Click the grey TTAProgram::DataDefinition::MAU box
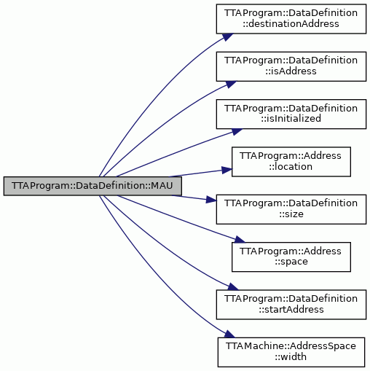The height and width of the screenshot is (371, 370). coord(92,186)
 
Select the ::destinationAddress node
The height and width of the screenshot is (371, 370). coord(291,19)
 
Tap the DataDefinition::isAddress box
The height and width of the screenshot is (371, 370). coord(291,66)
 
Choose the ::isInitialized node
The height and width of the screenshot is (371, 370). coord(291,114)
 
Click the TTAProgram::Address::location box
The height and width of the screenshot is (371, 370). coord(291,162)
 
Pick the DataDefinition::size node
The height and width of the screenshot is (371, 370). coord(291,209)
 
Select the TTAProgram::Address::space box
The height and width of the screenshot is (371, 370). coord(291,257)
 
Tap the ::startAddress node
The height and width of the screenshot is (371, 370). coord(291,305)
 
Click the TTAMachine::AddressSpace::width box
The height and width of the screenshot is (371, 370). coord(291,352)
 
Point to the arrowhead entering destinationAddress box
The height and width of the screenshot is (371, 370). coord(228,37)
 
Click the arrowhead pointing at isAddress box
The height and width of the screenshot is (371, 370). coord(231,84)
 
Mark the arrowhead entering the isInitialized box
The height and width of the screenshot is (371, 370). coord(237,132)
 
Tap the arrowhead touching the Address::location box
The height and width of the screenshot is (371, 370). coord(227,170)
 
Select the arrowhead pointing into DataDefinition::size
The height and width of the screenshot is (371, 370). coord(211,200)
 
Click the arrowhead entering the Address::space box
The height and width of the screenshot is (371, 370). coord(240,239)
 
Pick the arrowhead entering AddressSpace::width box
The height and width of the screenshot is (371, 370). coord(229,334)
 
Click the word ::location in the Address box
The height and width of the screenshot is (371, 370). coord(291,167)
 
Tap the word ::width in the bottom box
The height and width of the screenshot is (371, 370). coord(291,357)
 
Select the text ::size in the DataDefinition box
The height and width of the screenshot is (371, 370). coord(291,214)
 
